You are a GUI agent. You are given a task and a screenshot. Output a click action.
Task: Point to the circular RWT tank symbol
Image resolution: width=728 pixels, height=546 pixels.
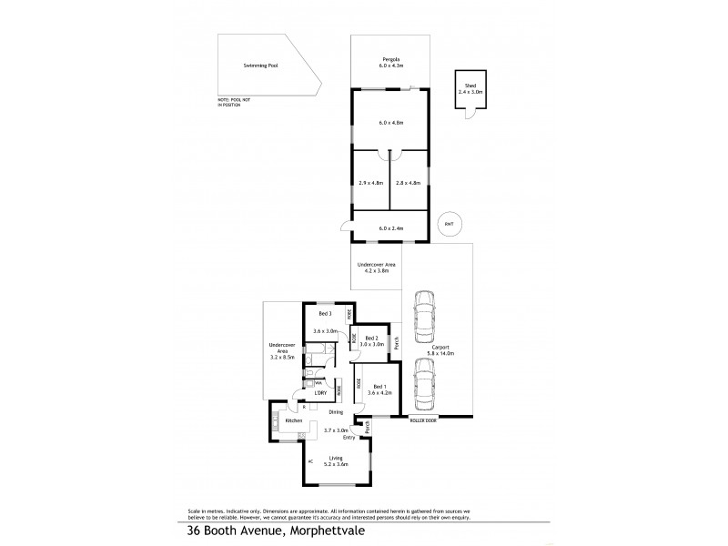(447, 224)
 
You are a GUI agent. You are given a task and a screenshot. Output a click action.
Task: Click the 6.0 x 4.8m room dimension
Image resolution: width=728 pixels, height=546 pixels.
(391, 122)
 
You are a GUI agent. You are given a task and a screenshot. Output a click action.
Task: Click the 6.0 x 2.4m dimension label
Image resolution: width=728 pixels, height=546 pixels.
(391, 227)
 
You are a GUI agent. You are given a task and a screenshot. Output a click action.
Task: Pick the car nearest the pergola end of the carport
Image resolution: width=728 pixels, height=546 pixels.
(424, 315)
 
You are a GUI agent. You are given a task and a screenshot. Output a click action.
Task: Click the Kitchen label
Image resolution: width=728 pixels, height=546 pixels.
(293, 421)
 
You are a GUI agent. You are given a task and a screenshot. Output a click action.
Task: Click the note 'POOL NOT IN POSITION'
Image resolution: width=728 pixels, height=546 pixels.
(229, 102)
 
